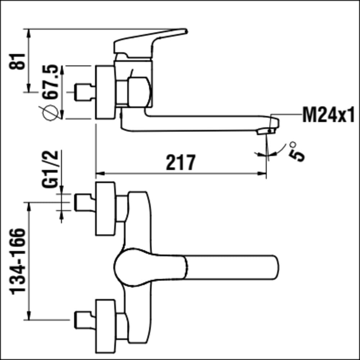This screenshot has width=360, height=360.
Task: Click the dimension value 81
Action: coord(17,61)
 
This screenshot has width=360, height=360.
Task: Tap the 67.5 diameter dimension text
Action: coord(51,82)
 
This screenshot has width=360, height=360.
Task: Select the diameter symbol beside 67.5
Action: coord(50,112)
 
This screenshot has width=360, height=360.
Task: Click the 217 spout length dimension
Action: coord(181,162)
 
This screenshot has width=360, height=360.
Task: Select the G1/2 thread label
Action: coord(50,169)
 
